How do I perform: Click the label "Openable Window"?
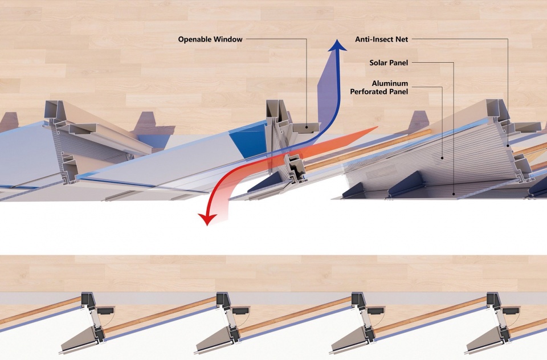[210, 39]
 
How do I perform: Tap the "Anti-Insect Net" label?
[382, 39]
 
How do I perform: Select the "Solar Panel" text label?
[389, 63]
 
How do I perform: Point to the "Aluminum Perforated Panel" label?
[379, 88]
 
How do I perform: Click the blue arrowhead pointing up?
[337, 46]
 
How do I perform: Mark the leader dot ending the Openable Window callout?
[307, 128]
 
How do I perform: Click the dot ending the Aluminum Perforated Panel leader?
[442, 158]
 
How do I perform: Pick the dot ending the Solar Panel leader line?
[454, 194]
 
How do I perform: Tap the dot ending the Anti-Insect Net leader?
[508, 145]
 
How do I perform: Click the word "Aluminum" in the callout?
[390, 83]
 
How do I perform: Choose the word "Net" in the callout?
[402, 39]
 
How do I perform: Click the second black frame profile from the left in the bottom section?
[227, 316]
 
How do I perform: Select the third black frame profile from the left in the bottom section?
[362, 316]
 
